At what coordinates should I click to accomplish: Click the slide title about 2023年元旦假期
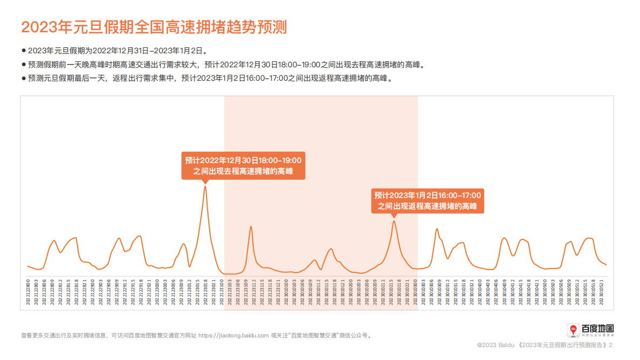(x=154, y=26)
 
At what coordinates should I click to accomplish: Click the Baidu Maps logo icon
(x=573, y=329)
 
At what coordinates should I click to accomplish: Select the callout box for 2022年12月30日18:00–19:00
(x=243, y=166)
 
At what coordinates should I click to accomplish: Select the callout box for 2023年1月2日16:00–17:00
(x=428, y=201)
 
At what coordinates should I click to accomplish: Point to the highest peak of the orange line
(x=205, y=186)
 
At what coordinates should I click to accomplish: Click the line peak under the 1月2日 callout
(x=394, y=221)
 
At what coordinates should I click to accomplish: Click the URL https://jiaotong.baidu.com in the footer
(x=233, y=335)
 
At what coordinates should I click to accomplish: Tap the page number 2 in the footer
(x=610, y=344)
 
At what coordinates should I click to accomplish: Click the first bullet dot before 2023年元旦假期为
(x=23, y=51)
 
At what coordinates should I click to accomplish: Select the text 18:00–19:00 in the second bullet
(x=297, y=65)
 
